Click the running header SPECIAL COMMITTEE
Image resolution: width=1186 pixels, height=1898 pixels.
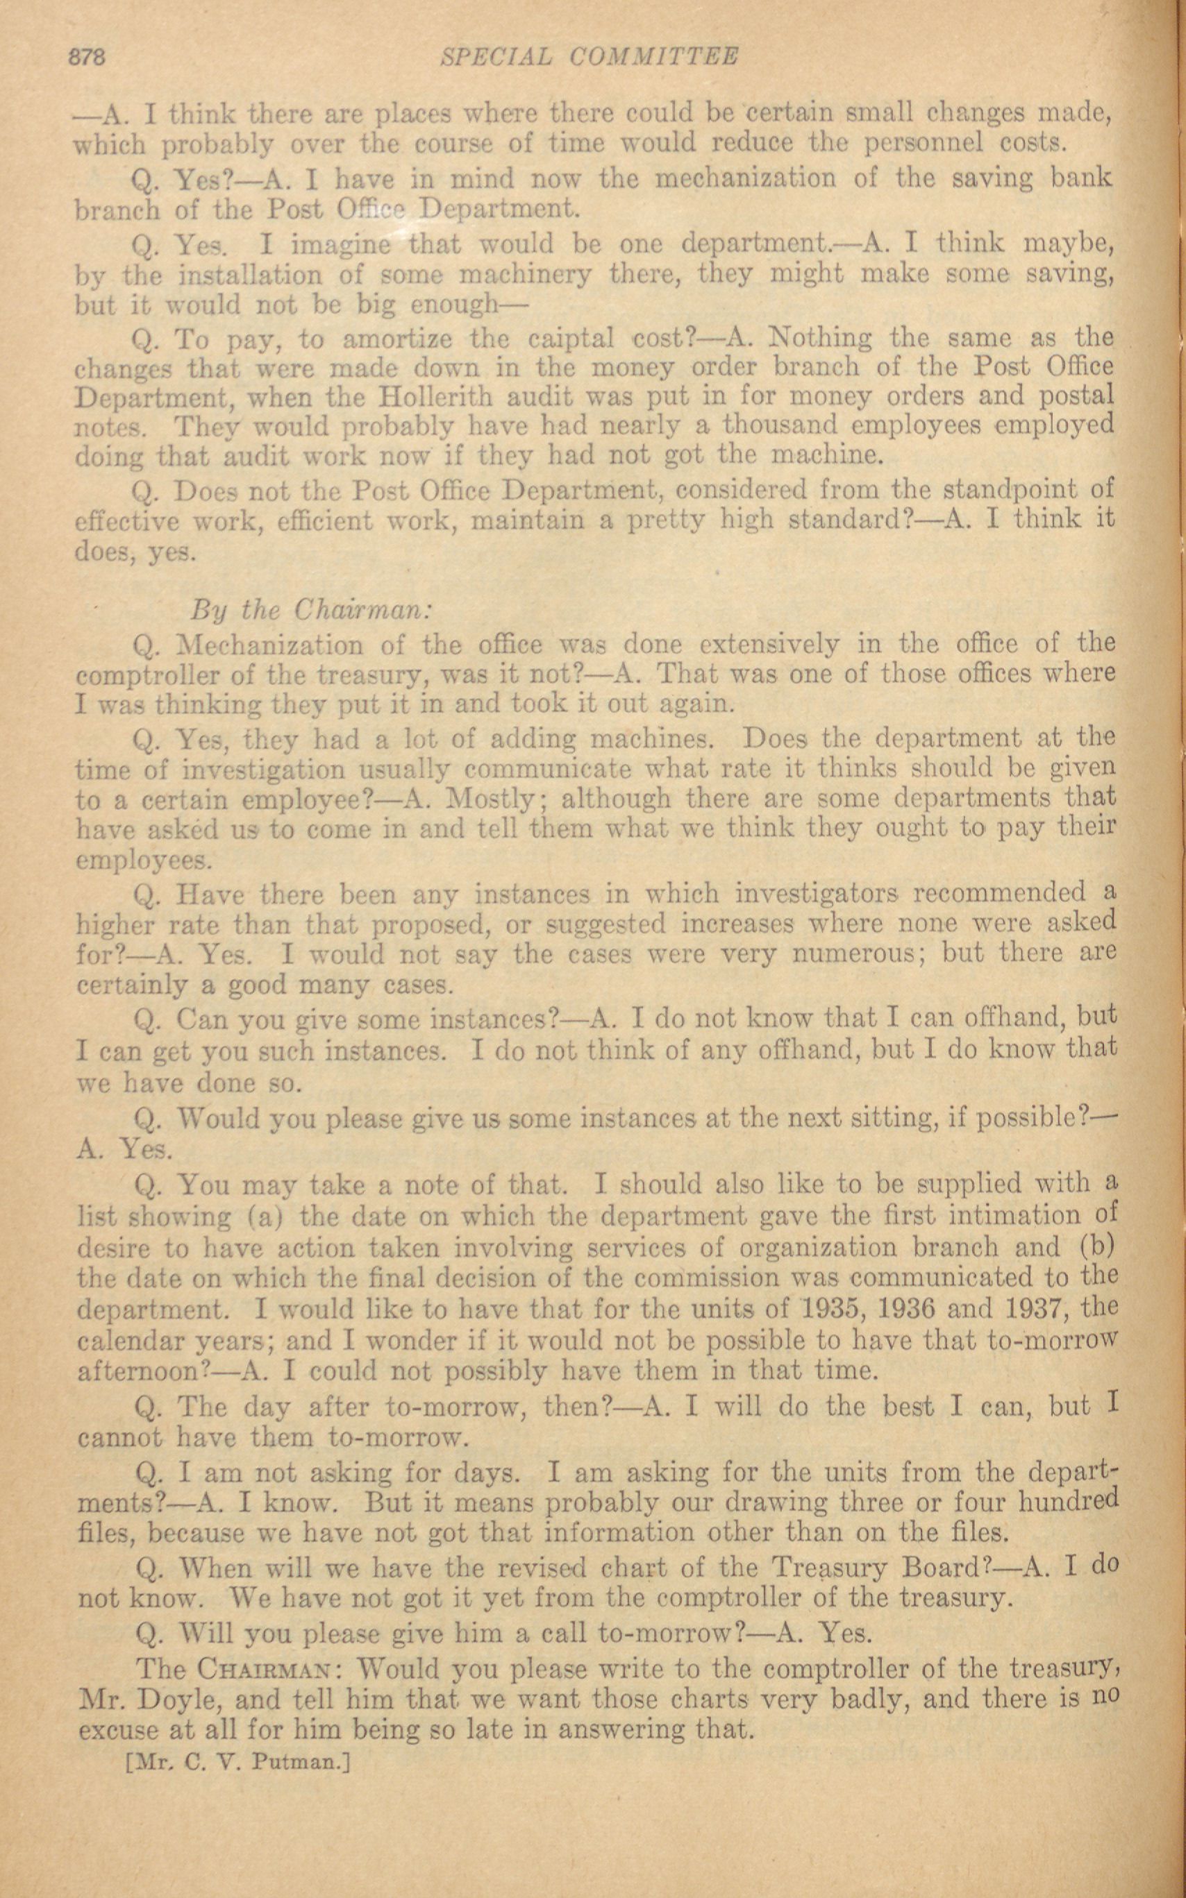590,57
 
